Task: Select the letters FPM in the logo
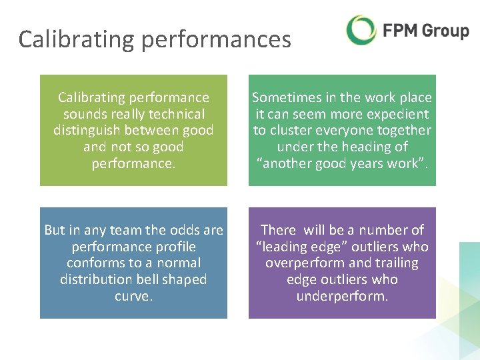coord(399,31)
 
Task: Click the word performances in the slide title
coord(217,39)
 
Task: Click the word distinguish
coord(89,130)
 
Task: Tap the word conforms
coord(94,263)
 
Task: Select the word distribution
coord(97,279)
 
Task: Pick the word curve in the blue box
coord(133,295)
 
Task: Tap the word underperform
coord(342,295)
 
